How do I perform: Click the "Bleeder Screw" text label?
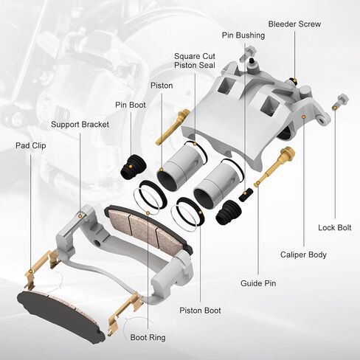click(294, 24)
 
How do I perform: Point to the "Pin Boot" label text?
click(131, 105)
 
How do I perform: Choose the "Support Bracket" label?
click(80, 125)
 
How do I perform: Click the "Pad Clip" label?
click(30, 146)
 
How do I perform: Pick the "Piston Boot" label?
click(200, 311)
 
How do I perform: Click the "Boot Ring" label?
click(148, 337)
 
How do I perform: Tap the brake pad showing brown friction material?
click(148, 227)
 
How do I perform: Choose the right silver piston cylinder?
click(215, 186)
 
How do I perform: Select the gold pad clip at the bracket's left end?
click(41, 270)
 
